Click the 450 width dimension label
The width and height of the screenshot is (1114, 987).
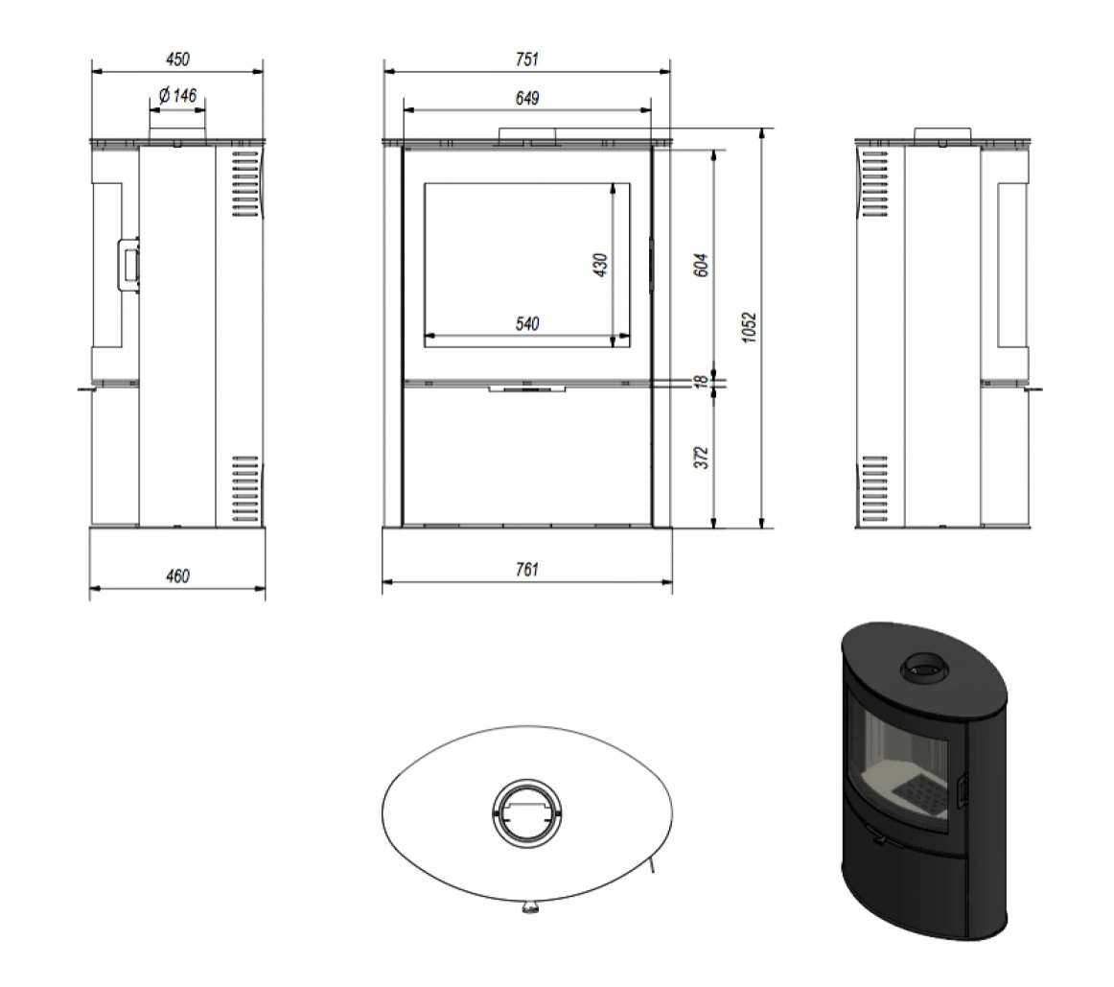[177, 59]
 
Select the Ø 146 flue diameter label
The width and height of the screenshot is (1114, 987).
[175, 95]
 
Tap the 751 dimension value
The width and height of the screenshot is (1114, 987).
[526, 59]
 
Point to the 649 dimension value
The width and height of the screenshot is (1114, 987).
[526, 98]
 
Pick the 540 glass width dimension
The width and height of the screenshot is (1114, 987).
[526, 324]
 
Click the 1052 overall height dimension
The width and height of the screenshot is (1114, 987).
[750, 326]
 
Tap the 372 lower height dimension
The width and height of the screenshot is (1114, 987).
[700, 458]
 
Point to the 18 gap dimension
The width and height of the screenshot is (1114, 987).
[700, 381]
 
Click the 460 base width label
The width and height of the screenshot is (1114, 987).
[177, 576]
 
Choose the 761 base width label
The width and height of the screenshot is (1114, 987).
[526, 570]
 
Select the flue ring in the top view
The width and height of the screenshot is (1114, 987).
[526, 811]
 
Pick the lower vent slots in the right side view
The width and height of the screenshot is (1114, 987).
[874, 489]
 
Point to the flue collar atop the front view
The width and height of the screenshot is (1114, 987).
[526, 136]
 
